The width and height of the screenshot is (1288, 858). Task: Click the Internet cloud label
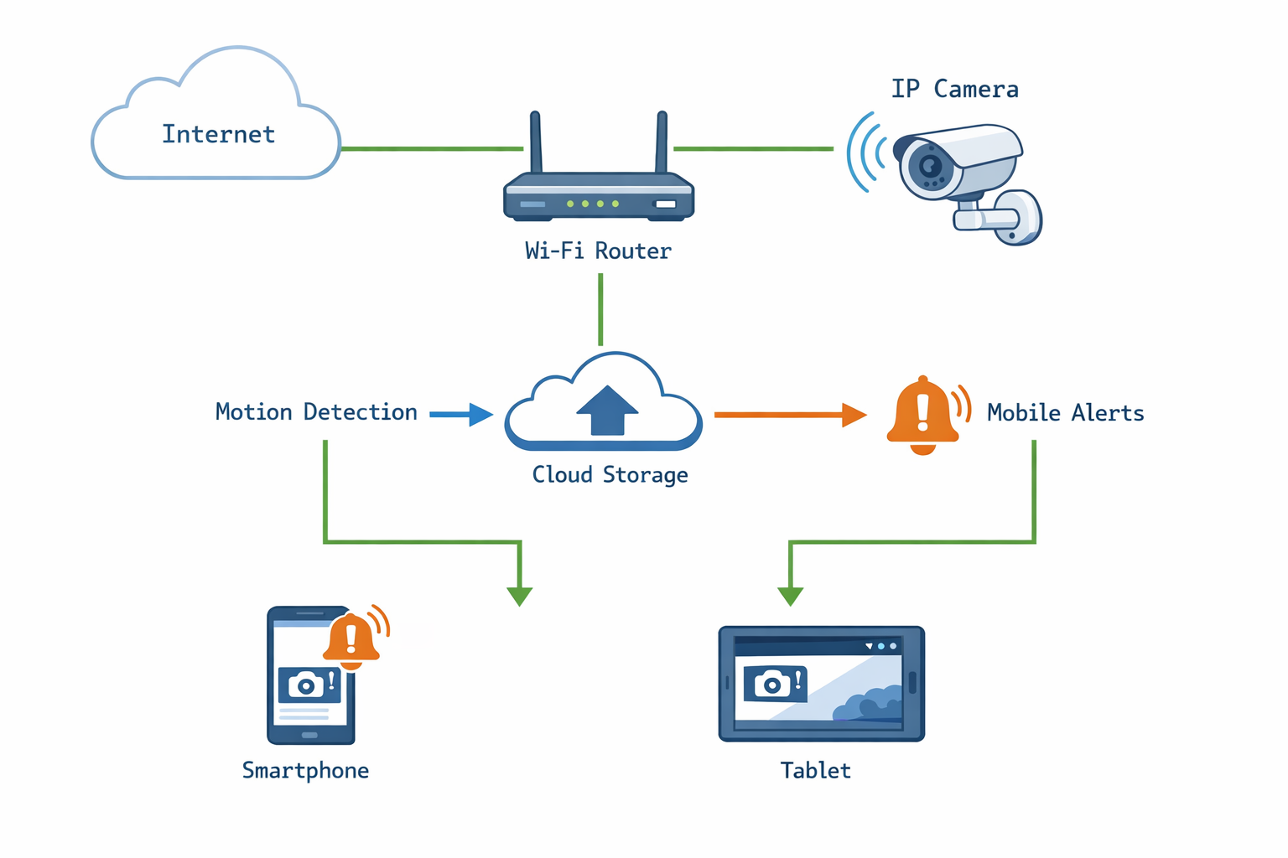218,134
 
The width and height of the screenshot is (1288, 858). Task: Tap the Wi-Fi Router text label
598,251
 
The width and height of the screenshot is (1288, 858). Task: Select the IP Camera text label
954,89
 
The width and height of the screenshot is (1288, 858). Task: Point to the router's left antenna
535,142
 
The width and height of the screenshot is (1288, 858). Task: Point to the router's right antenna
662,142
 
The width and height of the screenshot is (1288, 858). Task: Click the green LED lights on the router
592,204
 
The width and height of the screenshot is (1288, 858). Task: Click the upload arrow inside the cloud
607,410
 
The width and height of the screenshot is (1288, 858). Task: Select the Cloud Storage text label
610,475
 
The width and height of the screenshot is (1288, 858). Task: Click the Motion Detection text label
316,412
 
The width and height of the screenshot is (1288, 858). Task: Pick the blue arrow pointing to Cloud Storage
461,414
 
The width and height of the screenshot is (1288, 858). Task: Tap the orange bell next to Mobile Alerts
923,416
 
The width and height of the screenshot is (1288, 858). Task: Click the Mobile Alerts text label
1065,413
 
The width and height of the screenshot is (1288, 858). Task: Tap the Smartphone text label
305,771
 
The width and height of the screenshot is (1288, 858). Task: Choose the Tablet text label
815,771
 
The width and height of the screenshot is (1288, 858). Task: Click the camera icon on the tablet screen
773,684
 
